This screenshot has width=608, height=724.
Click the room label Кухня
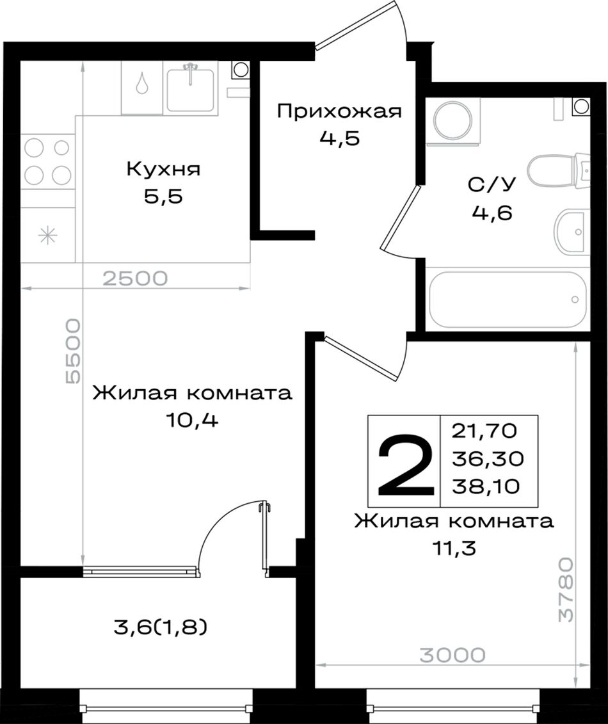pyautogui.click(x=163, y=170)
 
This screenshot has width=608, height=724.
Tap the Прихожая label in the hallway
pyautogui.click(x=340, y=111)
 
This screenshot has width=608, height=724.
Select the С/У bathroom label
pyautogui.click(x=492, y=185)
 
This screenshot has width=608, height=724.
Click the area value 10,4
pyautogui.click(x=192, y=420)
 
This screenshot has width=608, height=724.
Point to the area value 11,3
pyautogui.click(x=454, y=548)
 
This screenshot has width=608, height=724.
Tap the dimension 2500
pyautogui.click(x=135, y=278)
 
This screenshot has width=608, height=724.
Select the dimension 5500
pyautogui.click(x=73, y=351)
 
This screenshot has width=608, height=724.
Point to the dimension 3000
pyautogui.click(x=452, y=654)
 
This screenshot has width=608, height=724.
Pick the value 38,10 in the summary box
pyautogui.click(x=486, y=486)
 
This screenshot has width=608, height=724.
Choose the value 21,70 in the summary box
pyautogui.click(x=484, y=431)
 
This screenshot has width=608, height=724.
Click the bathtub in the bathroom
pyautogui.click(x=508, y=300)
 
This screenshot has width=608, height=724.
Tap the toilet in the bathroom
pyautogui.click(x=558, y=171)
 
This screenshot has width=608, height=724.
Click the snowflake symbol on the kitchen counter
pyautogui.click(x=47, y=236)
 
